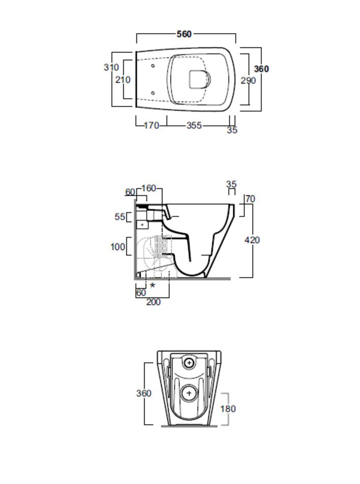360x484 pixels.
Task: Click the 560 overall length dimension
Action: click(x=184, y=34)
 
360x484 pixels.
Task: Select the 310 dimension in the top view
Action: click(x=111, y=67)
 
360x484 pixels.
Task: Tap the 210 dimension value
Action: click(x=123, y=79)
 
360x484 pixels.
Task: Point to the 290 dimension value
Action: click(x=248, y=80)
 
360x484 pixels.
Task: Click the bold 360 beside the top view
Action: click(x=261, y=69)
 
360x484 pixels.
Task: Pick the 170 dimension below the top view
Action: click(x=151, y=125)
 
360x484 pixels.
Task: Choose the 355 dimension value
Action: click(x=194, y=125)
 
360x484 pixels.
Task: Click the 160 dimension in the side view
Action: click(x=149, y=189)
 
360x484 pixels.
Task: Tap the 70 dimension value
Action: click(x=250, y=199)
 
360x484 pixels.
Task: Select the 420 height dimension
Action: click(x=252, y=240)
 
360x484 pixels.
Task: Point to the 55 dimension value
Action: click(x=120, y=217)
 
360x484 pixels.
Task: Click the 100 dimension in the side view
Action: click(x=118, y=247)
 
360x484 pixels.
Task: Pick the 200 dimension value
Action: click(x=153, y=302)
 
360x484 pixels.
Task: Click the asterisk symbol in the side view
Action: click(x=152, y=285)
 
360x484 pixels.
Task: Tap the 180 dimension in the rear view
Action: click(x=228, y=409)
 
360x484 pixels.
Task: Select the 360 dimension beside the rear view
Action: click(x=144, y=393)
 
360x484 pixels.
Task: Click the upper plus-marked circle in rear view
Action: click(x=189, y=362)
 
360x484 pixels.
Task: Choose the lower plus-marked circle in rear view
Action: click(x=189, y=393)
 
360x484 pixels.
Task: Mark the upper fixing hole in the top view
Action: click(x=153, y=66)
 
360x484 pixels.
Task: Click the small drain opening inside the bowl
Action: click(x=200, y=79)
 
